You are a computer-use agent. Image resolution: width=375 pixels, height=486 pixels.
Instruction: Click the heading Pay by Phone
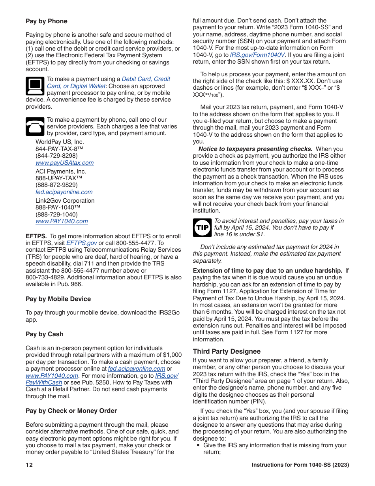(47, 21)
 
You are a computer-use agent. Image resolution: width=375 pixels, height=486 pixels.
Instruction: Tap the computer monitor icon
(35, 86)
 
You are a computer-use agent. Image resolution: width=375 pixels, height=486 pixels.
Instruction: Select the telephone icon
(35, 126)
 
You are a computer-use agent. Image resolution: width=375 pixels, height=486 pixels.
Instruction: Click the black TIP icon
(202, 228)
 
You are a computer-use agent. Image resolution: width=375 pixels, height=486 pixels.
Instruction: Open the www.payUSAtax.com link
(64, 163)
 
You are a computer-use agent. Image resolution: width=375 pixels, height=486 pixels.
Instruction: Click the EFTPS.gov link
(81, 243)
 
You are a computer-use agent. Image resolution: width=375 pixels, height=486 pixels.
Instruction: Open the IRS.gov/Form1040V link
(257, 55)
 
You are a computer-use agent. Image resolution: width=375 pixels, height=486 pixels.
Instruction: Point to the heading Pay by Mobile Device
(58, 299)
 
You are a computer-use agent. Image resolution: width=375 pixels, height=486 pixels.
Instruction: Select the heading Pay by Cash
(44, 334)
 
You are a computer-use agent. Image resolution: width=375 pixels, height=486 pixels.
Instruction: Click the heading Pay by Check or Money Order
(71, 411)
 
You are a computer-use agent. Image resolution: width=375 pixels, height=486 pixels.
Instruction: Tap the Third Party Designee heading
(227, 351)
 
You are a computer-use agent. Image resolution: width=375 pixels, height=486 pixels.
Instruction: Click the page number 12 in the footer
(29, 465)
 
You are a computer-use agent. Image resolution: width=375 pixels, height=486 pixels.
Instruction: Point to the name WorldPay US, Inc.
(60, 142)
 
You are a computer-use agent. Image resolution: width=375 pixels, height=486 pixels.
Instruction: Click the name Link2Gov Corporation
(65, 201)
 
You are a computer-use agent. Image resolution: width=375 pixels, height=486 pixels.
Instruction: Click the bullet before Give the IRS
(198, 445)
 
